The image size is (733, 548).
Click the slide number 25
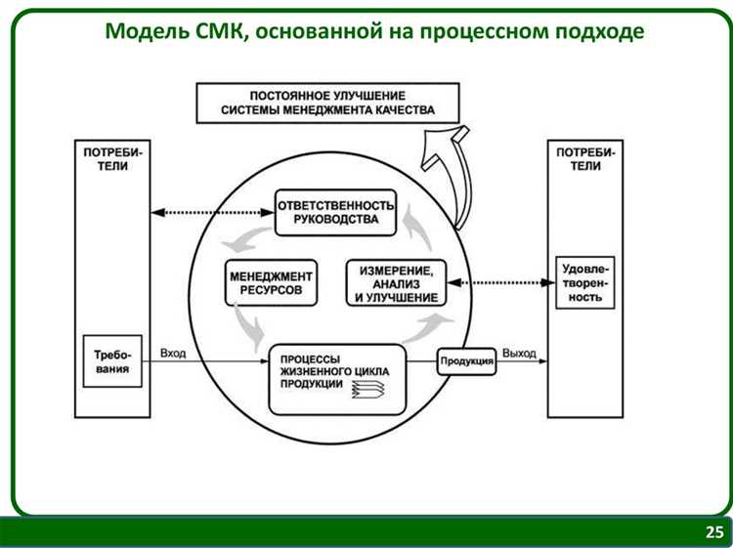715,532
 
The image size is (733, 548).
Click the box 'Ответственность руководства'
335,212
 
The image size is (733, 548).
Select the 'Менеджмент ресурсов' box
273,283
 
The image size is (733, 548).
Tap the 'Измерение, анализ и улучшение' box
396,283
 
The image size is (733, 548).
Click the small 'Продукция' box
467,362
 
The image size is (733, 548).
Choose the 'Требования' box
112,361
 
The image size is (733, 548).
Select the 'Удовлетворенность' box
584,282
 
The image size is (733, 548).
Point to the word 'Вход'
173,353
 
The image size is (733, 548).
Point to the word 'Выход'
519,353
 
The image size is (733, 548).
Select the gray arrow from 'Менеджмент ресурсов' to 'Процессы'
245,324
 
